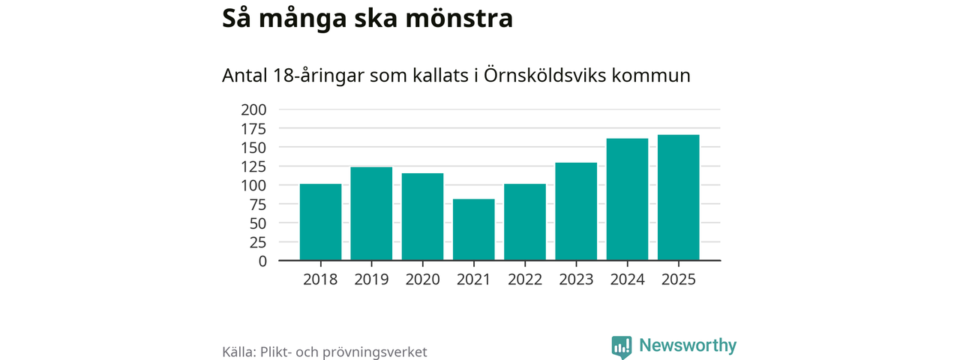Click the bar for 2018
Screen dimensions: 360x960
point(320,222)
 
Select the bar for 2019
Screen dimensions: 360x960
point(371,214)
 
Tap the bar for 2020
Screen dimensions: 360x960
point(422,217)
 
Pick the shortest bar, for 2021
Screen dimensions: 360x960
point(474,229)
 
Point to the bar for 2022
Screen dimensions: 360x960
point(525,222)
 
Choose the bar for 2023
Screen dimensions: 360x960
point(576,211)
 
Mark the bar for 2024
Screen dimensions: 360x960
point(627,199)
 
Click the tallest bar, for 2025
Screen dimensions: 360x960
point(679,197)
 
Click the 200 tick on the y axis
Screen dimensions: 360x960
point(253,109)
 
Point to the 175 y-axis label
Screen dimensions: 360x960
point(253,128)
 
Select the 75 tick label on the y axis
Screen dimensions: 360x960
point(258,204)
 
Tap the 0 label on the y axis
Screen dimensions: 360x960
point(262,261)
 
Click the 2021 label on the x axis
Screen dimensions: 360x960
point(474,279)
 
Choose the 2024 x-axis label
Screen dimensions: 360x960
point(627,279)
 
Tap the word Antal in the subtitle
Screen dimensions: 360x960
point(245,76)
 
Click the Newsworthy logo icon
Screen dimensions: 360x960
point(621,346)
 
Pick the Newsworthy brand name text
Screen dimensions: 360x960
point(688,346)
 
